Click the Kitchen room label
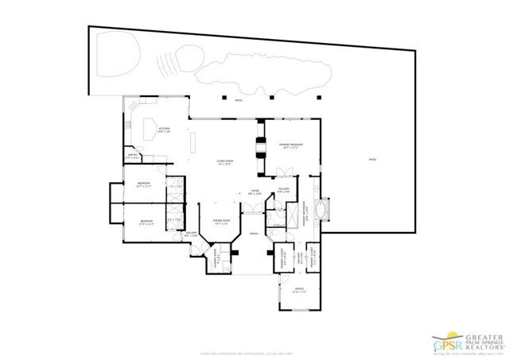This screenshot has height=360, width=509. point(165,130)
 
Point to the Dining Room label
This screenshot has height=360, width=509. point(221,222)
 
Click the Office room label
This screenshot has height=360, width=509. point(299,290)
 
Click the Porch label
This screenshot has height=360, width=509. point(254,234)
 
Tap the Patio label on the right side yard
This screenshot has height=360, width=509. point(371,160)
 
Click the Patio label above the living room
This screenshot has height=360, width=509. point(238,101)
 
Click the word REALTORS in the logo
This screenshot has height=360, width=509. point(485,347)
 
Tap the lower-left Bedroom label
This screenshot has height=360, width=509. point(146,221)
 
